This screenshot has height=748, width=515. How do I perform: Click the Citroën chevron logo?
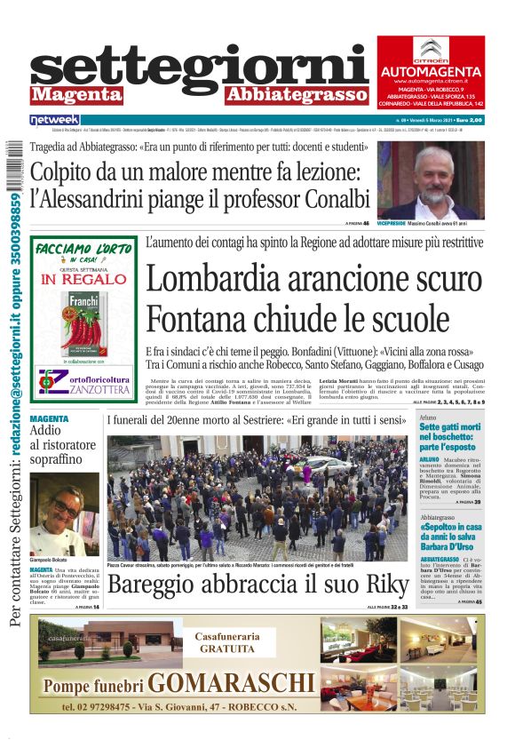(x=431, y=50)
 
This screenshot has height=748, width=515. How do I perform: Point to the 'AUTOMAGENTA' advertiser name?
(x=431, y=70)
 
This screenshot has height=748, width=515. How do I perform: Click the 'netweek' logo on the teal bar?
(x=54, y=119)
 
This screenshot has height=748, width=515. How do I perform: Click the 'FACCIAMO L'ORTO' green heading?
(x=83, y=251)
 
